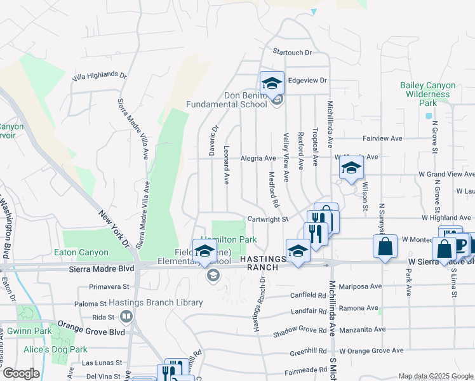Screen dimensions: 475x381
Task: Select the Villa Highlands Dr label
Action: click(100, 76)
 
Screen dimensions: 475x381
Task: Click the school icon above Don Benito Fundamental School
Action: click(272, 83)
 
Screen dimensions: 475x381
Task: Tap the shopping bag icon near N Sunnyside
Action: click(386, 247)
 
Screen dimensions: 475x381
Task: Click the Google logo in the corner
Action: click(21, 373)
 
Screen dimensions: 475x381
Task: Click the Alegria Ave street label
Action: click(258, 158)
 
